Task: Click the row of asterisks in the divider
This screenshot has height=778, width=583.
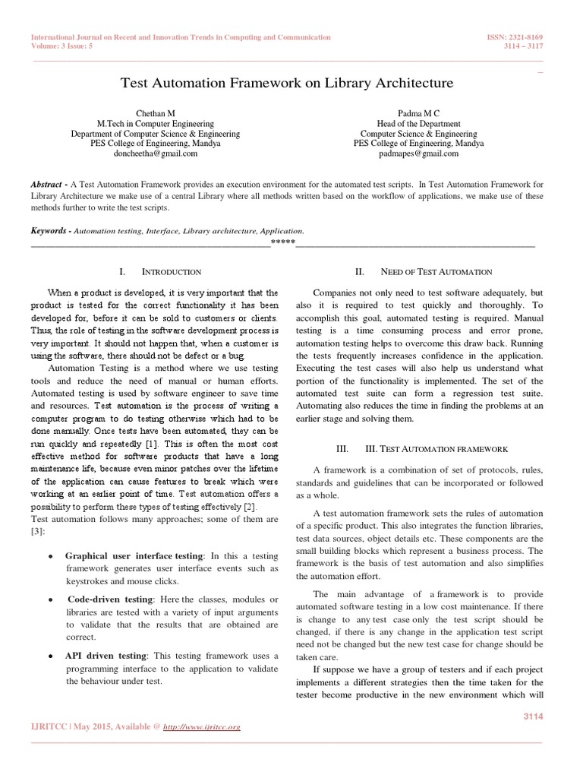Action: (283, 243)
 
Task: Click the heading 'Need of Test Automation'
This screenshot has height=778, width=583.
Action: (436, 272)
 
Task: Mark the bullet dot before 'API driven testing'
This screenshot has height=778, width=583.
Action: (49, 655)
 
